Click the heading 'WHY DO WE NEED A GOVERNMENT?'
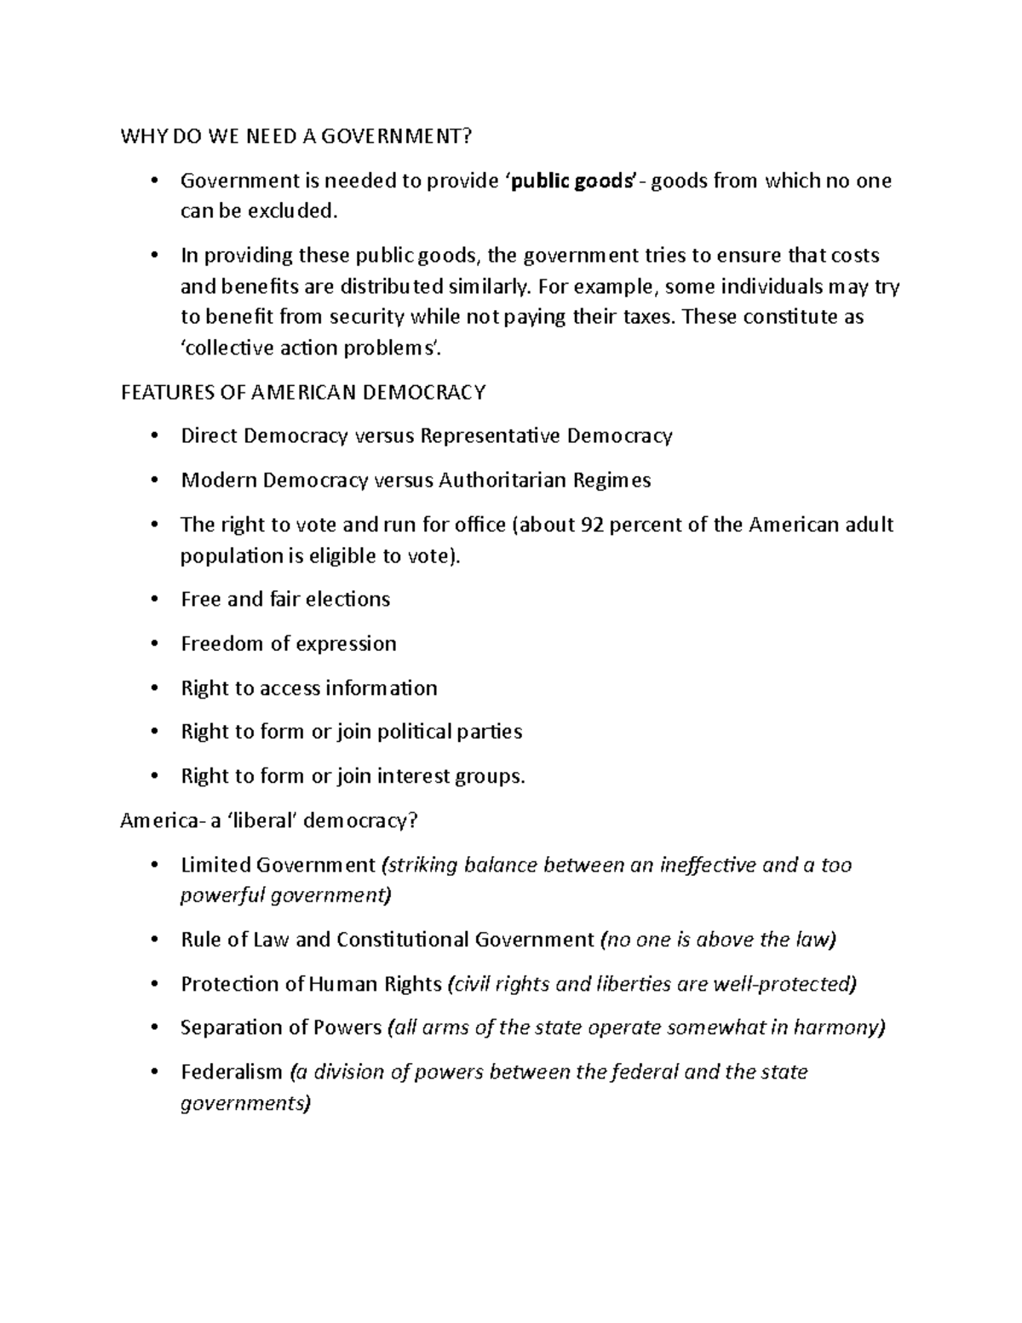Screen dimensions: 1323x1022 pos(296,136)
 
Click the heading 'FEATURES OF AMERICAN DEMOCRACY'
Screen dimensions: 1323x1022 pos(303,392)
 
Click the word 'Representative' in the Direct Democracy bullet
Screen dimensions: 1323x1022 pos(489,436)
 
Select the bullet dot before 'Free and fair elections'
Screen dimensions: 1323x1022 pos(153,600)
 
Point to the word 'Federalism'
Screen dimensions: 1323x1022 pos(231,1072)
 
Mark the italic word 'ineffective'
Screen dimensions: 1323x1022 pos(695,866)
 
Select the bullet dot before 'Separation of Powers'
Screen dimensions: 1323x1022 pos(153,1028)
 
